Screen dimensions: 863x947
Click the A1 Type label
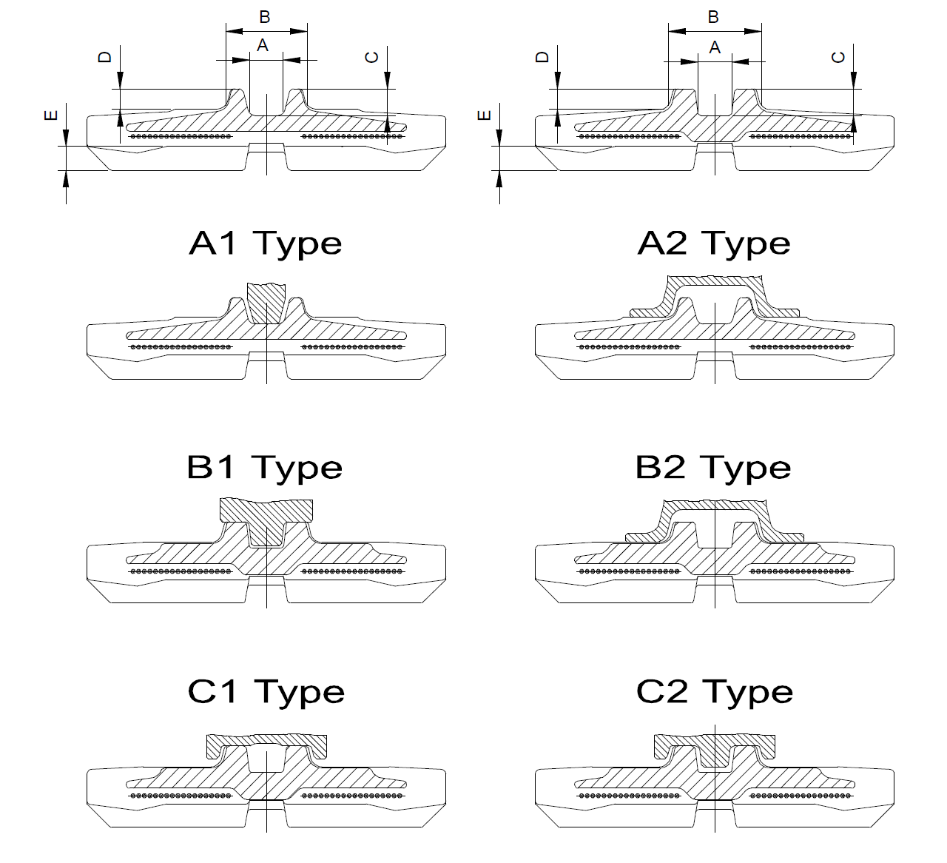(x=266, y=244)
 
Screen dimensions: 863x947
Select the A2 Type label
(x=714, y=244)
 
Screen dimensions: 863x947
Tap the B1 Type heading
(x=265, y=468)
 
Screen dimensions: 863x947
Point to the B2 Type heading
(x=714, y=468)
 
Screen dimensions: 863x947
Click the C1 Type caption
(x=266, y=692)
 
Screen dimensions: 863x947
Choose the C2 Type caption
(x=715, y=692)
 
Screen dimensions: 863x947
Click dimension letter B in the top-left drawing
(x=265, y=17)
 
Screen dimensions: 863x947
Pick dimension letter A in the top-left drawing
(x=262, y=46)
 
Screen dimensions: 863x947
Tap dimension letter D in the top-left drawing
(x=105, y=57)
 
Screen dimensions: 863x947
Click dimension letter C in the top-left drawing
(x=373, y=57)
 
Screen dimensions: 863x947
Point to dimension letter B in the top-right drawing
(x=713, y=17)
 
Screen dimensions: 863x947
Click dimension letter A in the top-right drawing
(x=715, y=48)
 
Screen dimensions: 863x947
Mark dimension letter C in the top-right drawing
(x=839, y=57)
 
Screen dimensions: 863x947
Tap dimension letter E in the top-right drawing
(x=485, y=115)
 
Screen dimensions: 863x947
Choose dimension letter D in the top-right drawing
(x=543, y=57)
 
